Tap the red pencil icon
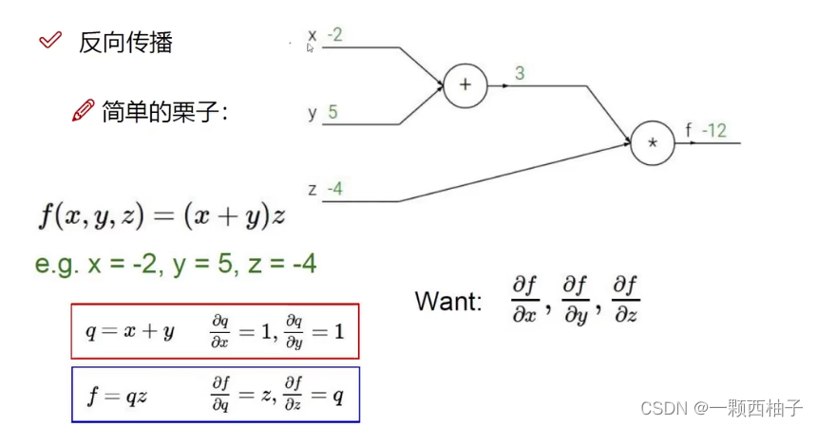(83, 111)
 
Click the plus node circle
(465, 84)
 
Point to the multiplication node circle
(652, 143)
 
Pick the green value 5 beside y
(332, 112)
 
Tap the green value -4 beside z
(333, 189)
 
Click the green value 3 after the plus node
(519, 73)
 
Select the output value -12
(712, 131)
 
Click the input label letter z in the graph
(312, 189)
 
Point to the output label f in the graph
(689, 131)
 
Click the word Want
(447, 301)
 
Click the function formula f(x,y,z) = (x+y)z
(161, 217)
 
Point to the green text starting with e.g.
(176, 264)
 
